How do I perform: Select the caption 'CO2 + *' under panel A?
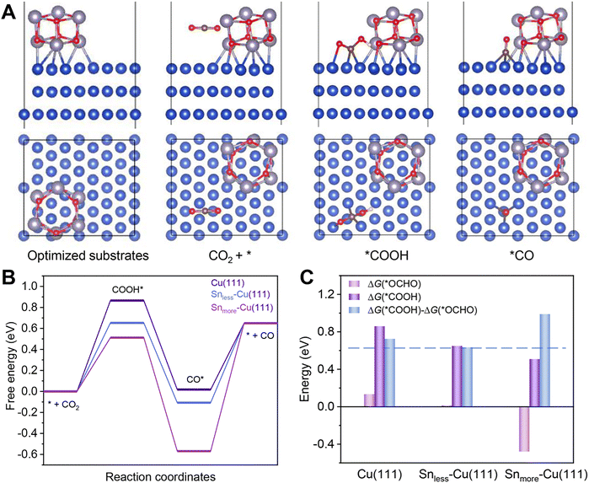[x=224, y=255]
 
